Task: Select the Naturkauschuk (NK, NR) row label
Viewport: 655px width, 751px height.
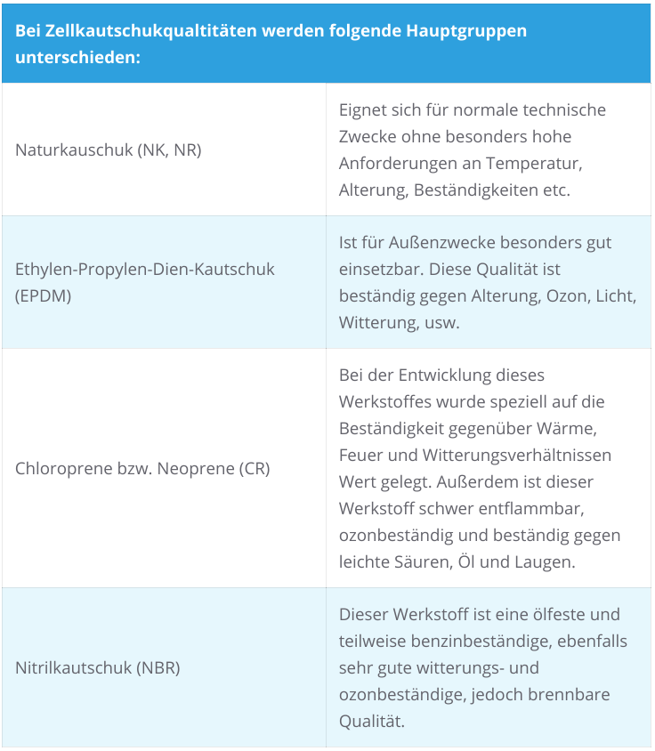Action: coord(109,149)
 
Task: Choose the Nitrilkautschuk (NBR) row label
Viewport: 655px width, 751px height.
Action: coord(98,667)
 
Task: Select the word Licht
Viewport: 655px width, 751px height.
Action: coord(616,296)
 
